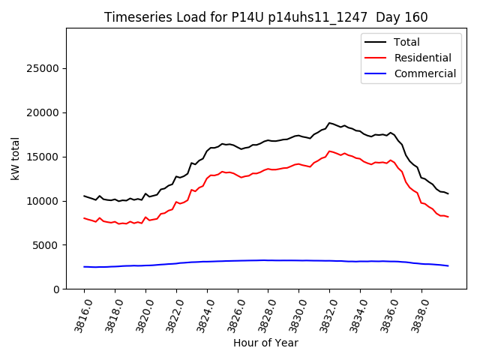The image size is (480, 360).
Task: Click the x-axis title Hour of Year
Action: click(x=265, y=343)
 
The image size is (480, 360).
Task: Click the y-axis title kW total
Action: click(x=15, y=159)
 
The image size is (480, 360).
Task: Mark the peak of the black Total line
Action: click(x=328, y=123)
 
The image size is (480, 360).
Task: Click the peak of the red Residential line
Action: click(x=329, y=151)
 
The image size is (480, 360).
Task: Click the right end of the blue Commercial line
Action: click(x=448, y=266)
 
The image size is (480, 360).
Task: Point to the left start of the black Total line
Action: click(x=84, y=196)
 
